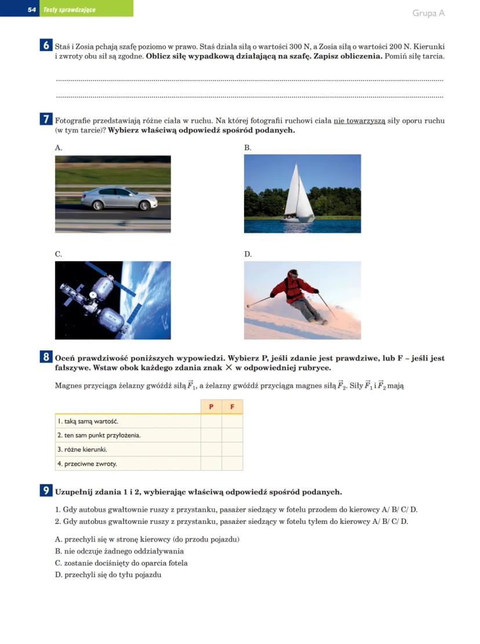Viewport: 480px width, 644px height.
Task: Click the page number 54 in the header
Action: click(x=32, y=10)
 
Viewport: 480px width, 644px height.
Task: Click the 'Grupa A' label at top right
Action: click(x=428, y=13)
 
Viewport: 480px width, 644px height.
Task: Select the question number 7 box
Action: click(x=46, y=120)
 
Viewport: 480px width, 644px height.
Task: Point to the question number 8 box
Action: click(x=46, y=357)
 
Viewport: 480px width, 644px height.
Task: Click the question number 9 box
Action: click(x=46, y=491)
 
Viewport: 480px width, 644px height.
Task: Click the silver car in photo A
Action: click(x=119, y=198)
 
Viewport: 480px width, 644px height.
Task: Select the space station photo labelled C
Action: click(x=112, y=300)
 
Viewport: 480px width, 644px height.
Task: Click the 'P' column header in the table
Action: click(x=211, y=407)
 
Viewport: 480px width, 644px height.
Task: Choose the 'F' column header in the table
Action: click(x=232, y=407)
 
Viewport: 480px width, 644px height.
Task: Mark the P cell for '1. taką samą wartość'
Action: click(x=211, y=421)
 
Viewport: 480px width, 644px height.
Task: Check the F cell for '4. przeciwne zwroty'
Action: click(x=232, y=464)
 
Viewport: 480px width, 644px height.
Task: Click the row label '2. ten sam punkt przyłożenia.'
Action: click(x=99, y=435)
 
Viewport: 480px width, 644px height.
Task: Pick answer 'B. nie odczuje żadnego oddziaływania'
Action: click(x=119, y=551)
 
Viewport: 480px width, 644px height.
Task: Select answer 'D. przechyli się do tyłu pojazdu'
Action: click(x=108, y=574)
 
